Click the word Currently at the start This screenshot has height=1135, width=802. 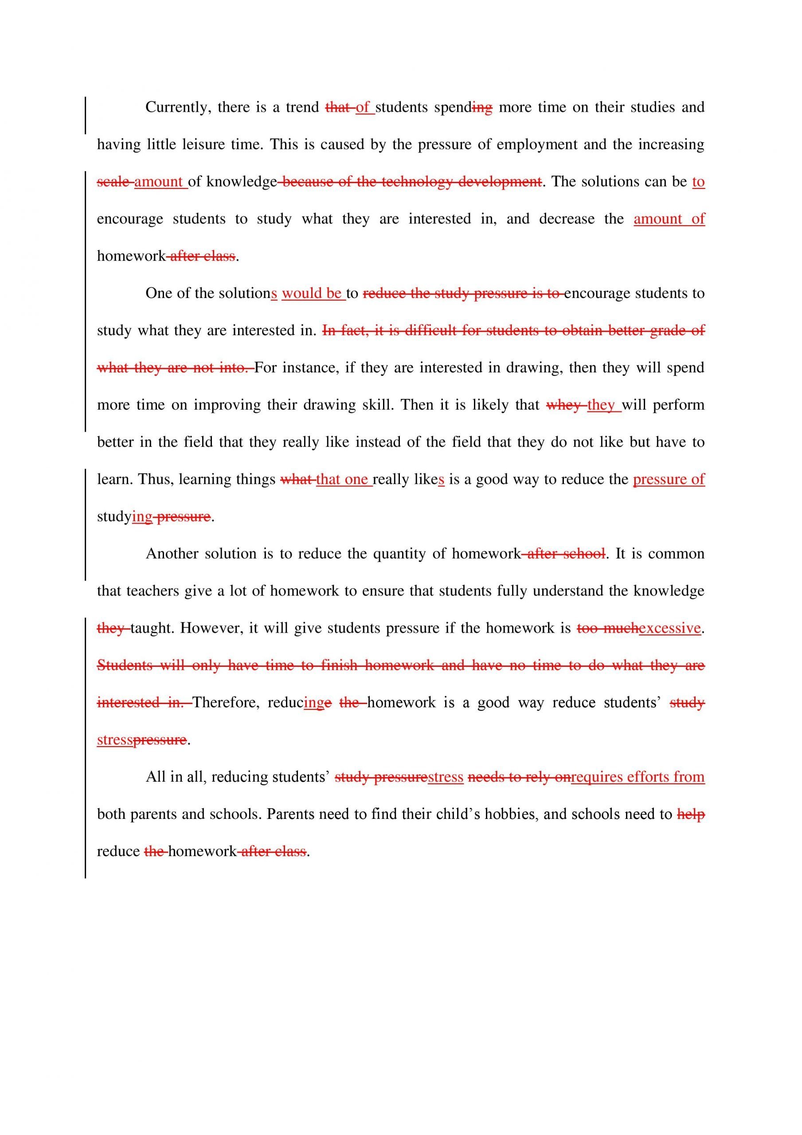point(173,107)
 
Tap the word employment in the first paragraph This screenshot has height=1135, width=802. point(536,145)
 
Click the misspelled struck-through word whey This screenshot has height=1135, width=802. point(563,405)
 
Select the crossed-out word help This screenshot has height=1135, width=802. point(690,814)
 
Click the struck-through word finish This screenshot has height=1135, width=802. point(339,665)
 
